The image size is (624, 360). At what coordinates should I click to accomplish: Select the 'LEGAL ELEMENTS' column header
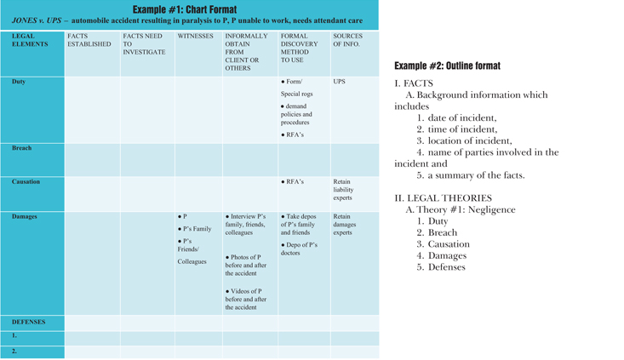[x=30, y=41]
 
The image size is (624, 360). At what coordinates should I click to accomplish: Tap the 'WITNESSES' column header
[x=195, y=37]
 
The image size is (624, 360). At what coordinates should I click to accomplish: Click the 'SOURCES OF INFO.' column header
[x=348, y=41]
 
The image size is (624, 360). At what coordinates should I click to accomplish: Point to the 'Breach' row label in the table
[x=22, y=148]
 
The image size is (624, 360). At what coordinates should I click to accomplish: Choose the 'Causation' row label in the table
[x=26, y=182]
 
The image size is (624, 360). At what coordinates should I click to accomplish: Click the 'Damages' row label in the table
[x=25, y=217]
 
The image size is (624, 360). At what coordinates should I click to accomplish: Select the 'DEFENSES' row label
[x=29, y=323]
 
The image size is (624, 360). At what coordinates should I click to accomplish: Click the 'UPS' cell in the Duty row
[x=340, y=83]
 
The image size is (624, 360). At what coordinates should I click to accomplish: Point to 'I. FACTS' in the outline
[x=415, y=83]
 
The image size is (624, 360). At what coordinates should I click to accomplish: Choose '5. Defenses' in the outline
[x=441, y=267]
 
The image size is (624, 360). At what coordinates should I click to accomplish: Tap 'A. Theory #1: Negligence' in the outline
[x=461, y=210]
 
